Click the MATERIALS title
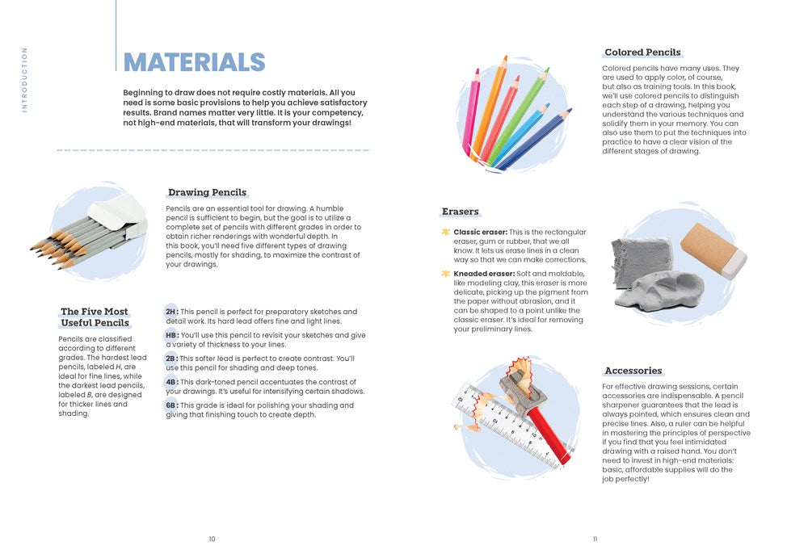click(x=194, y=62)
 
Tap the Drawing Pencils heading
click(x=207, y=192)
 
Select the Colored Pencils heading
click(x=642, y=52)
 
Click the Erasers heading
click(x=460, y=212)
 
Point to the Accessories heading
click(x=633, y=371)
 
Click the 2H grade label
click(x=171, y=312)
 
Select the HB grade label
click(x=171, y=335)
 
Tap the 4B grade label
click(x=171, y=382)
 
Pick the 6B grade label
click(x=171, y=405)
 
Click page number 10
click(x=212, y=539)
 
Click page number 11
click(x=595, y=539)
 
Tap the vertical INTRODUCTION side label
click(x=24, y=79)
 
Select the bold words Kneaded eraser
click(x=484, y=274)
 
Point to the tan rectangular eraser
click(x=713, y=250)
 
